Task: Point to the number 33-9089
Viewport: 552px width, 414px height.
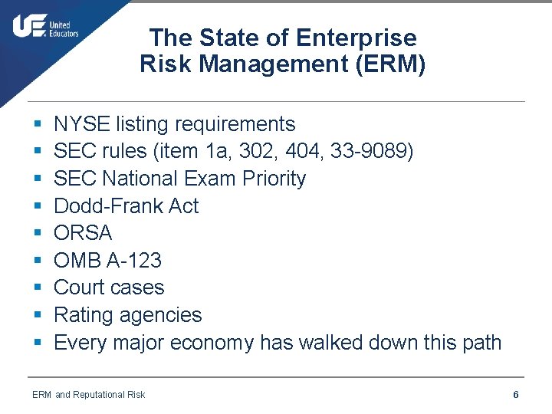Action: click(372, 152)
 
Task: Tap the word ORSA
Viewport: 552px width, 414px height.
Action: click(83, 233)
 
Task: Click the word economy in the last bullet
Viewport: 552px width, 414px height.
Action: click(212, 342)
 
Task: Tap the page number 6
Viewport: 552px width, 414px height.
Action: click(516, 394)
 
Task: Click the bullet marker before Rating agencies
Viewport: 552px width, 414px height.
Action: click(38, 316)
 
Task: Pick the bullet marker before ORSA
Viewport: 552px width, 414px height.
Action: click(38, 234)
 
